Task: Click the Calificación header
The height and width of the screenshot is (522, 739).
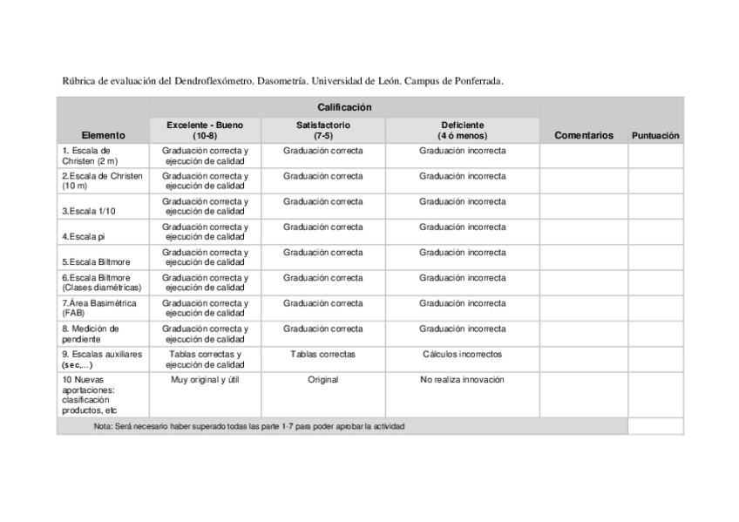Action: (x=344, y=107)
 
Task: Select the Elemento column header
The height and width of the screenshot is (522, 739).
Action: (x=103, y=135)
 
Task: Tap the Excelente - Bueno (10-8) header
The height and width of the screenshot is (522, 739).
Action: (x=205, y=131)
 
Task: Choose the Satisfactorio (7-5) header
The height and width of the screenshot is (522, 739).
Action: (x=322, y=131)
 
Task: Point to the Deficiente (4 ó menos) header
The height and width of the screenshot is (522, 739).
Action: (x=462, y=131)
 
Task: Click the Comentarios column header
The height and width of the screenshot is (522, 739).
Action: (x=584, y=135)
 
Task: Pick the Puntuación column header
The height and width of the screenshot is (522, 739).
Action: (x=655, y=136)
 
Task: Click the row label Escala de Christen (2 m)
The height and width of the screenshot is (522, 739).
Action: (x=92, y=156)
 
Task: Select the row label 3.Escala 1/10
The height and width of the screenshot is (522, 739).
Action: (x=89, y=212)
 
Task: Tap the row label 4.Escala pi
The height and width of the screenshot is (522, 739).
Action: (x=83, y=237)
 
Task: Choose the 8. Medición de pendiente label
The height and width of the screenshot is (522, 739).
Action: (x=90, y=334)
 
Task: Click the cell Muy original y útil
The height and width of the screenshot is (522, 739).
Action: (x=205, y=380)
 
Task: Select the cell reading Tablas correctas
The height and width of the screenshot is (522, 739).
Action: (x=322, y=355)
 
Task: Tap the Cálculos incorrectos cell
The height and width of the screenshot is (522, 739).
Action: (x=462, y=355)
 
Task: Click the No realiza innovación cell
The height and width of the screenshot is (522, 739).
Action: (x=462, y=380)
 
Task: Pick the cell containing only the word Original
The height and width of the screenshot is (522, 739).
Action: (x=322, y=380)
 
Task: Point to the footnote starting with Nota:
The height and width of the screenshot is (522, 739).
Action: (x=248, y=426)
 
